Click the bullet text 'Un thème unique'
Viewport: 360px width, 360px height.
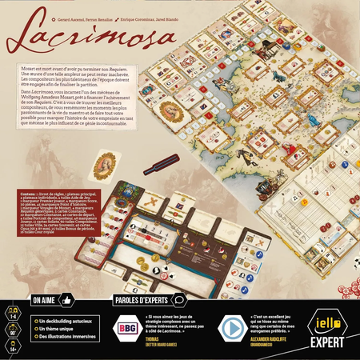pos(57,331)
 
